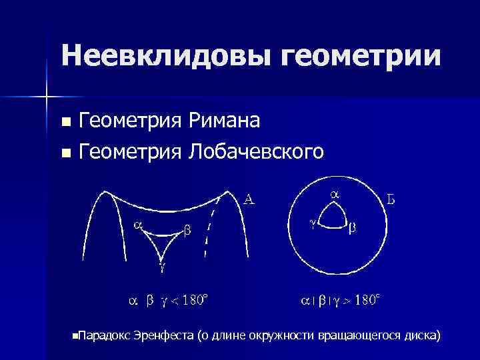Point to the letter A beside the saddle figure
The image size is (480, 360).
(249, 199)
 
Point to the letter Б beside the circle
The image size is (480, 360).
(393, 198)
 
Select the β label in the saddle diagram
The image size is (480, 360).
(187, 231)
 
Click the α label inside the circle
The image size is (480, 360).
(335, 193)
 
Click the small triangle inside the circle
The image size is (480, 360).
(331, 217)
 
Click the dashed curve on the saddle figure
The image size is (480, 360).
(209, 227)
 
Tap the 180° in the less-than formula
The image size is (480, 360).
(195, 301)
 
